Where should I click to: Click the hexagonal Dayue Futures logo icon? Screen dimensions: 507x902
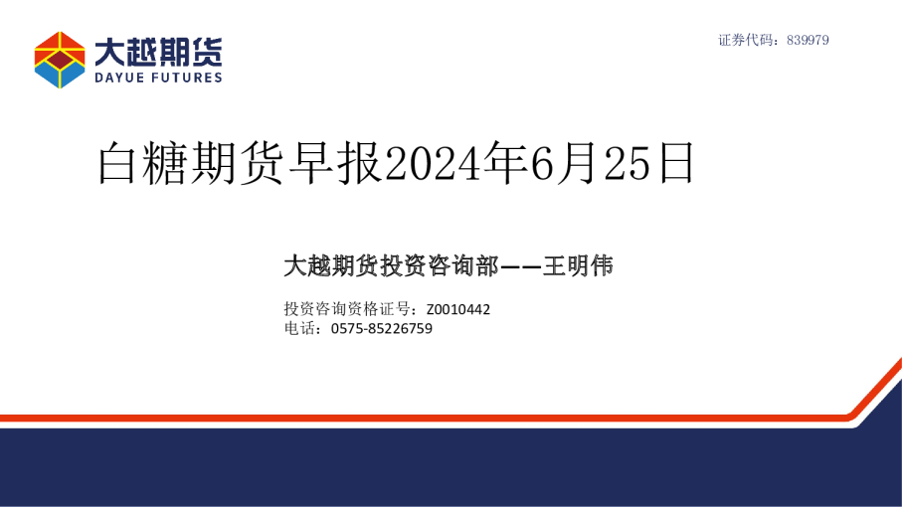coord(61,60)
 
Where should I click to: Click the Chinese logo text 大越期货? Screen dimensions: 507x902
coord(159,51)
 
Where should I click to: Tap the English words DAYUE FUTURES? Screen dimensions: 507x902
coord(159,78)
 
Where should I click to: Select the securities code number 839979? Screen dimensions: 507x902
coord(808,41)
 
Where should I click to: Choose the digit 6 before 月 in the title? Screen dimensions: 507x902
coord(540,163)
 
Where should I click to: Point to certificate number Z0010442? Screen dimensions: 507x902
coord(457,309)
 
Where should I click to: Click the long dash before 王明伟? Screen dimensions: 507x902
coord(520,265)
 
